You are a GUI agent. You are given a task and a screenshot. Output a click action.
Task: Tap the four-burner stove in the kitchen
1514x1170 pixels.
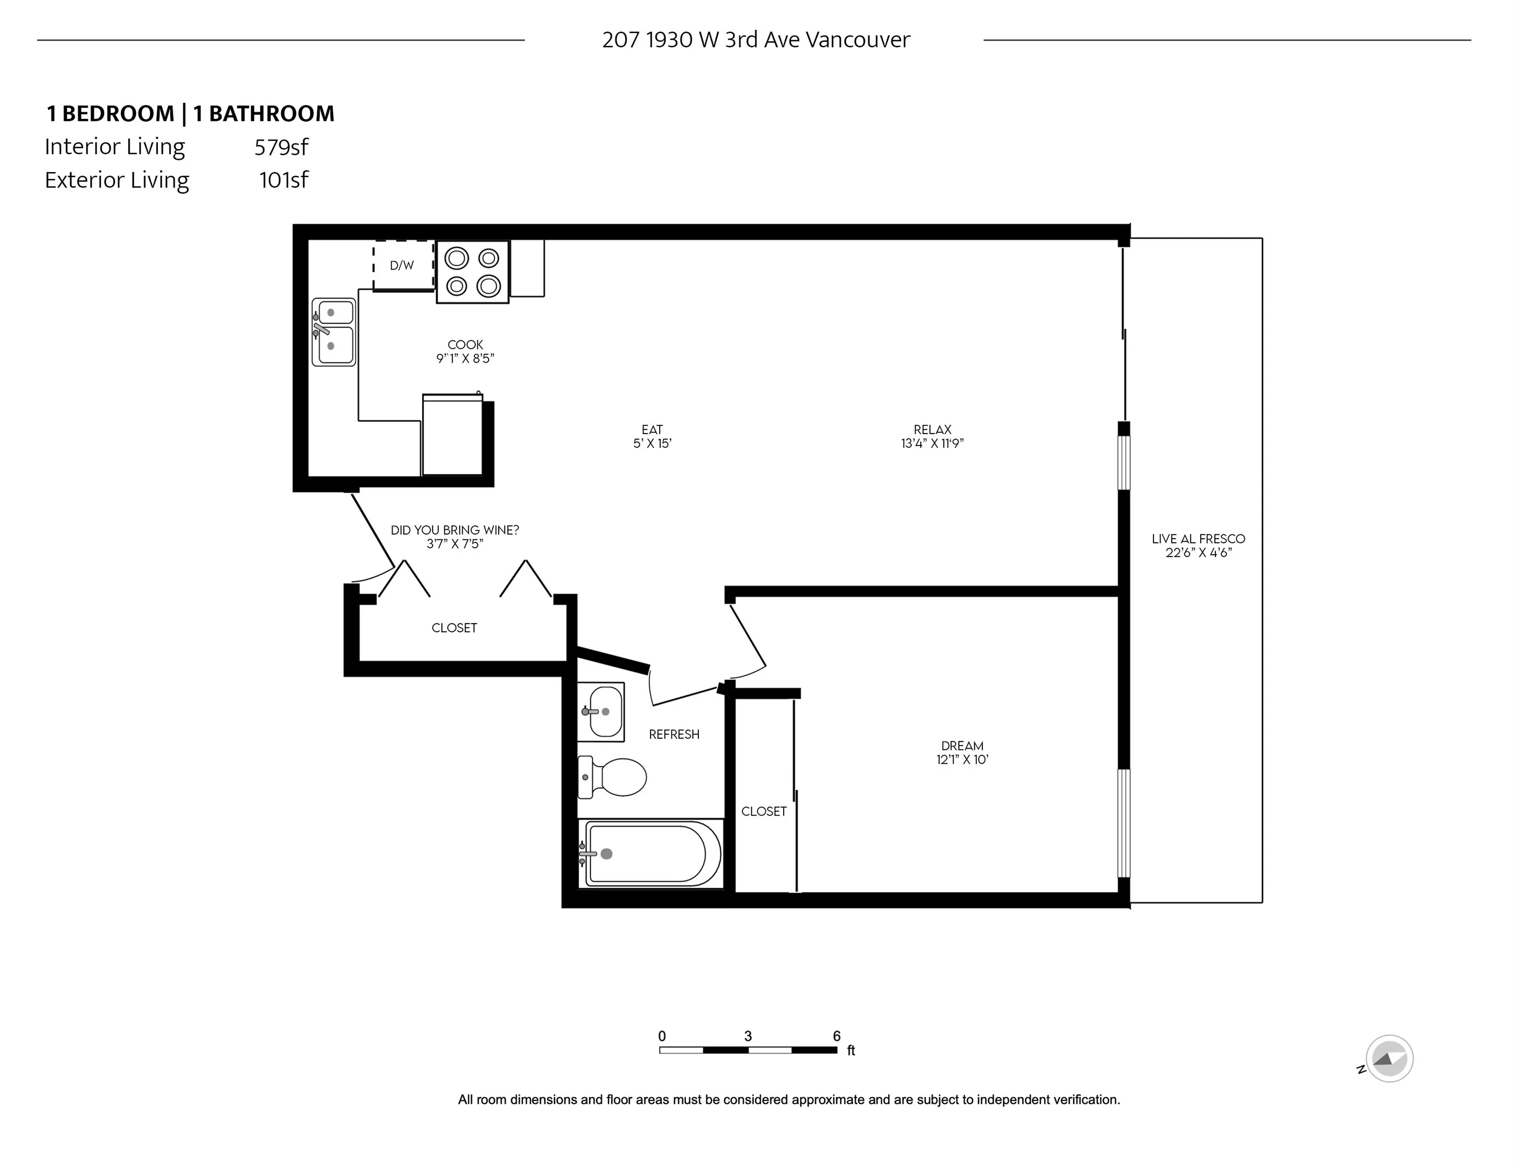(473, 272)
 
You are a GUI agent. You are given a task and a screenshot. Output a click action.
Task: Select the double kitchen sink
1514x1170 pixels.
(334, 332)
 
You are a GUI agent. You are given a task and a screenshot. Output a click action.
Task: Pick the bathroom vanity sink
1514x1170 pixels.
(601, 712)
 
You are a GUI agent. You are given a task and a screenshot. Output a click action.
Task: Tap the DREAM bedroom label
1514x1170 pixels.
(962, 746)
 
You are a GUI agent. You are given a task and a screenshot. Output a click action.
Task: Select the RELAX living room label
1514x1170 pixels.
(932, 430)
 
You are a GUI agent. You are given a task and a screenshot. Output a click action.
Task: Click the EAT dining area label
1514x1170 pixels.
(652, 430)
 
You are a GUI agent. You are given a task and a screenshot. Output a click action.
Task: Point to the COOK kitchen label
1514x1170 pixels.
(465, 344)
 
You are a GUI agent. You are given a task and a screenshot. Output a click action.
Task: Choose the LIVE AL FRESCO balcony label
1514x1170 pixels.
(1199, 539)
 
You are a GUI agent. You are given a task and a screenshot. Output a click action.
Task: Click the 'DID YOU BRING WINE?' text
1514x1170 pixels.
(455, 530)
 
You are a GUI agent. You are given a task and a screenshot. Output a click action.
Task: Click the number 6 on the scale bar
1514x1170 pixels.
(836, 1036)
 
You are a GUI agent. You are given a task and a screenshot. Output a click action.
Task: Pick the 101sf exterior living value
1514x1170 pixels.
(283, 180)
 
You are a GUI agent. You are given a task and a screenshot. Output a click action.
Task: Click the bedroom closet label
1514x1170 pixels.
(764, 811)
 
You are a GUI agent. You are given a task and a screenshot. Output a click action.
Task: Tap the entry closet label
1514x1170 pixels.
(454, 628)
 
